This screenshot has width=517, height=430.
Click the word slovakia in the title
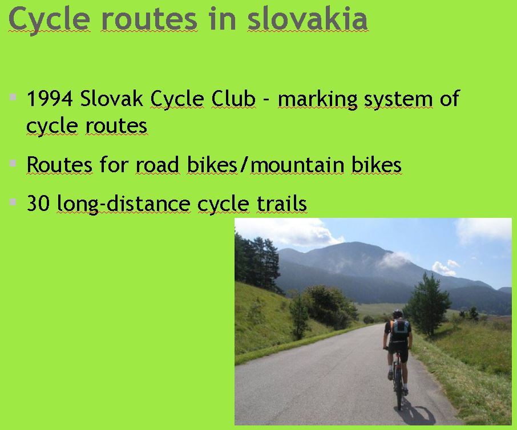pos(308,19)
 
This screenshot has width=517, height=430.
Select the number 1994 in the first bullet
pos(50,99)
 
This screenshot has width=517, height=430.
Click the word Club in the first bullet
pos(233,99)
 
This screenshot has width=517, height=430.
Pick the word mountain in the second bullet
pos(297,165)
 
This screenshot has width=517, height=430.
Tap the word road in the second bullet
pos(157,164)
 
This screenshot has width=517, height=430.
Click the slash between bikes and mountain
pos(244,164)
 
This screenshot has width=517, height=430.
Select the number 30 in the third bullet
pos(38,203)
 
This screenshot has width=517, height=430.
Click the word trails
pos(281,203)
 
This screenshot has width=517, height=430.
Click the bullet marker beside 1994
pos(13,97)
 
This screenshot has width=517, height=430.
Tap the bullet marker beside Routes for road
pos(13,163)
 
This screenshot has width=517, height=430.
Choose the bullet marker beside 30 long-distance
pos(13,202)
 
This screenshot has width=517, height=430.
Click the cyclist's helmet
pos(398,313)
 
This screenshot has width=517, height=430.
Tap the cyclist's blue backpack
pos(401,330)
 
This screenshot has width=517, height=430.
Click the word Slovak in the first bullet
pos(111,98)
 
